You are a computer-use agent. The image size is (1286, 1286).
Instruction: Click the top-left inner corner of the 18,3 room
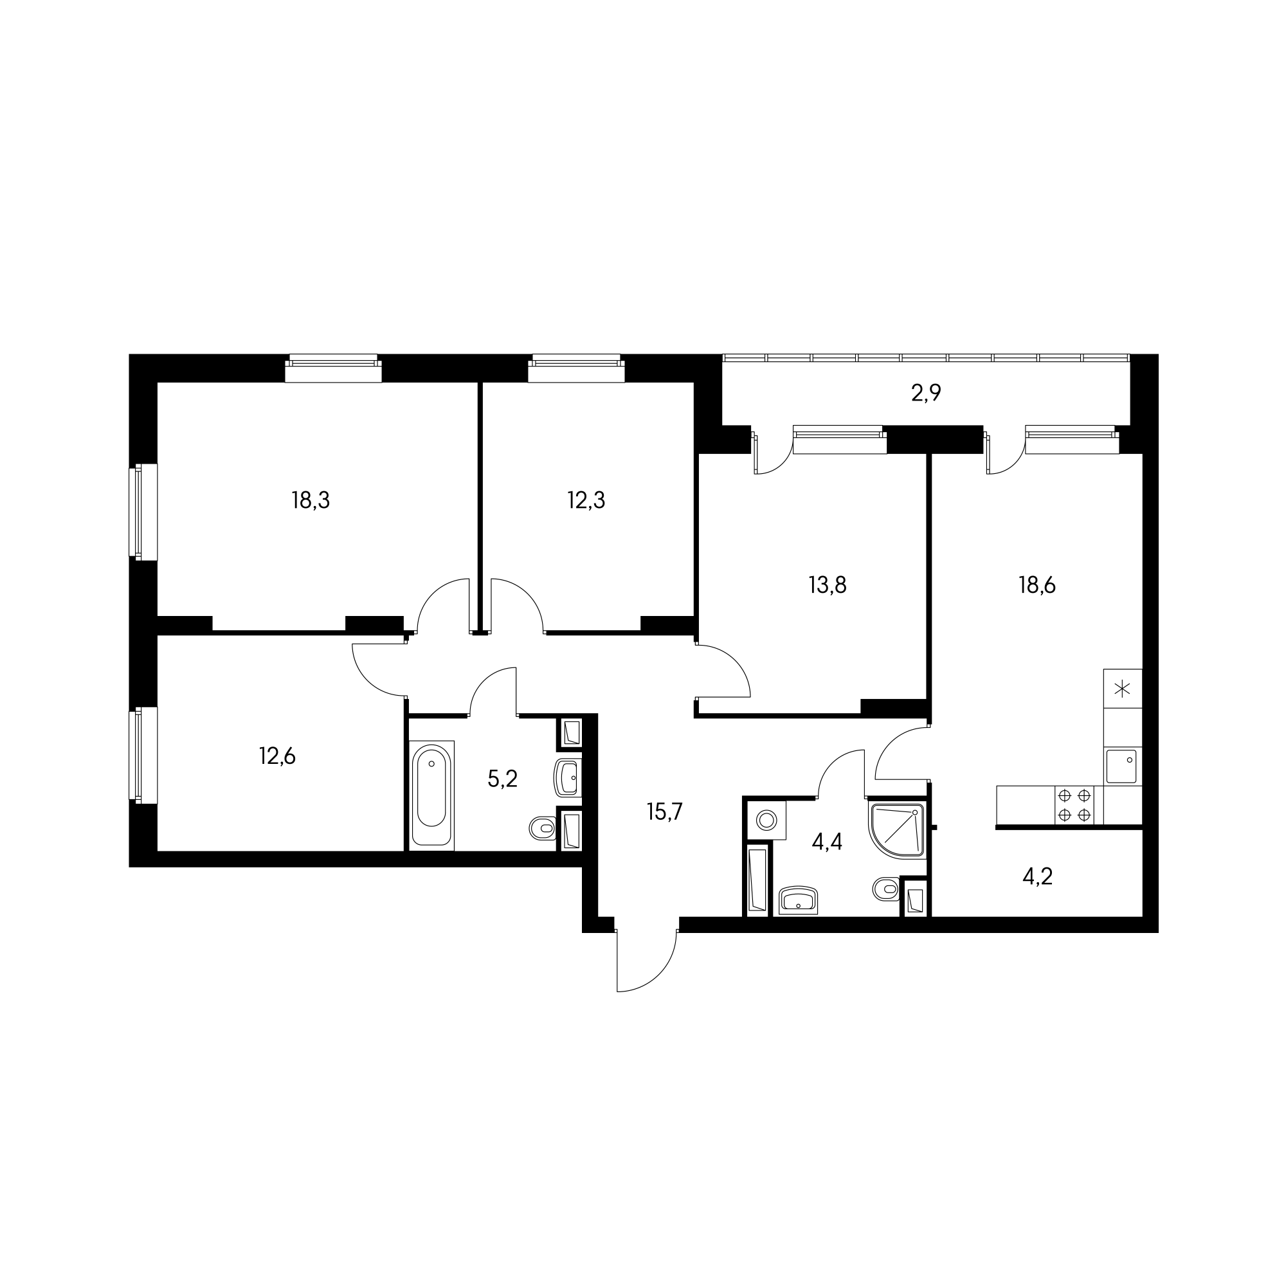[158, 383]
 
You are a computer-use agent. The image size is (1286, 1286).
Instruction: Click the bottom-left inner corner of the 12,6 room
[158, 851]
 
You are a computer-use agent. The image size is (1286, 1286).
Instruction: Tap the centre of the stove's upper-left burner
[1064, 795]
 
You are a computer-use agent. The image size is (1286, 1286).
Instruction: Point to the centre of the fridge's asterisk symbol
[1122, 688]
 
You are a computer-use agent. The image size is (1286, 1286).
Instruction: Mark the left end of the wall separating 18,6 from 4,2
[997, 828]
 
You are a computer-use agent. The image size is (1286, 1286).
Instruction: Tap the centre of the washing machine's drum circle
[767, 819]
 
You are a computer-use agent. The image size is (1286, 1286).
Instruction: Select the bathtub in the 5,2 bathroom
[431, 795]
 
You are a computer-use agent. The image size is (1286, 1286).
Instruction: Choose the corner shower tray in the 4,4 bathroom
[897, 829]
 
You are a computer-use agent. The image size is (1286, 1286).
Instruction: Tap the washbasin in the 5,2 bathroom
[567, 777]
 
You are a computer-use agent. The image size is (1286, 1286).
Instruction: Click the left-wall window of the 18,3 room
[143, 512]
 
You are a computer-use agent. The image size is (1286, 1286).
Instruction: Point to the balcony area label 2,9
[926, 394]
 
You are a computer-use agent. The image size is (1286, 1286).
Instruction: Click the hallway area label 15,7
[664, 812]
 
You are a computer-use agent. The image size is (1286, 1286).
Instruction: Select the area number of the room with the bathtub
[503, 778]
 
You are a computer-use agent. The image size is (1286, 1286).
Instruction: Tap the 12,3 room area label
[586, 500]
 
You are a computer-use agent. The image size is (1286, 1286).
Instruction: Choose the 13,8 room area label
[828, 585]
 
